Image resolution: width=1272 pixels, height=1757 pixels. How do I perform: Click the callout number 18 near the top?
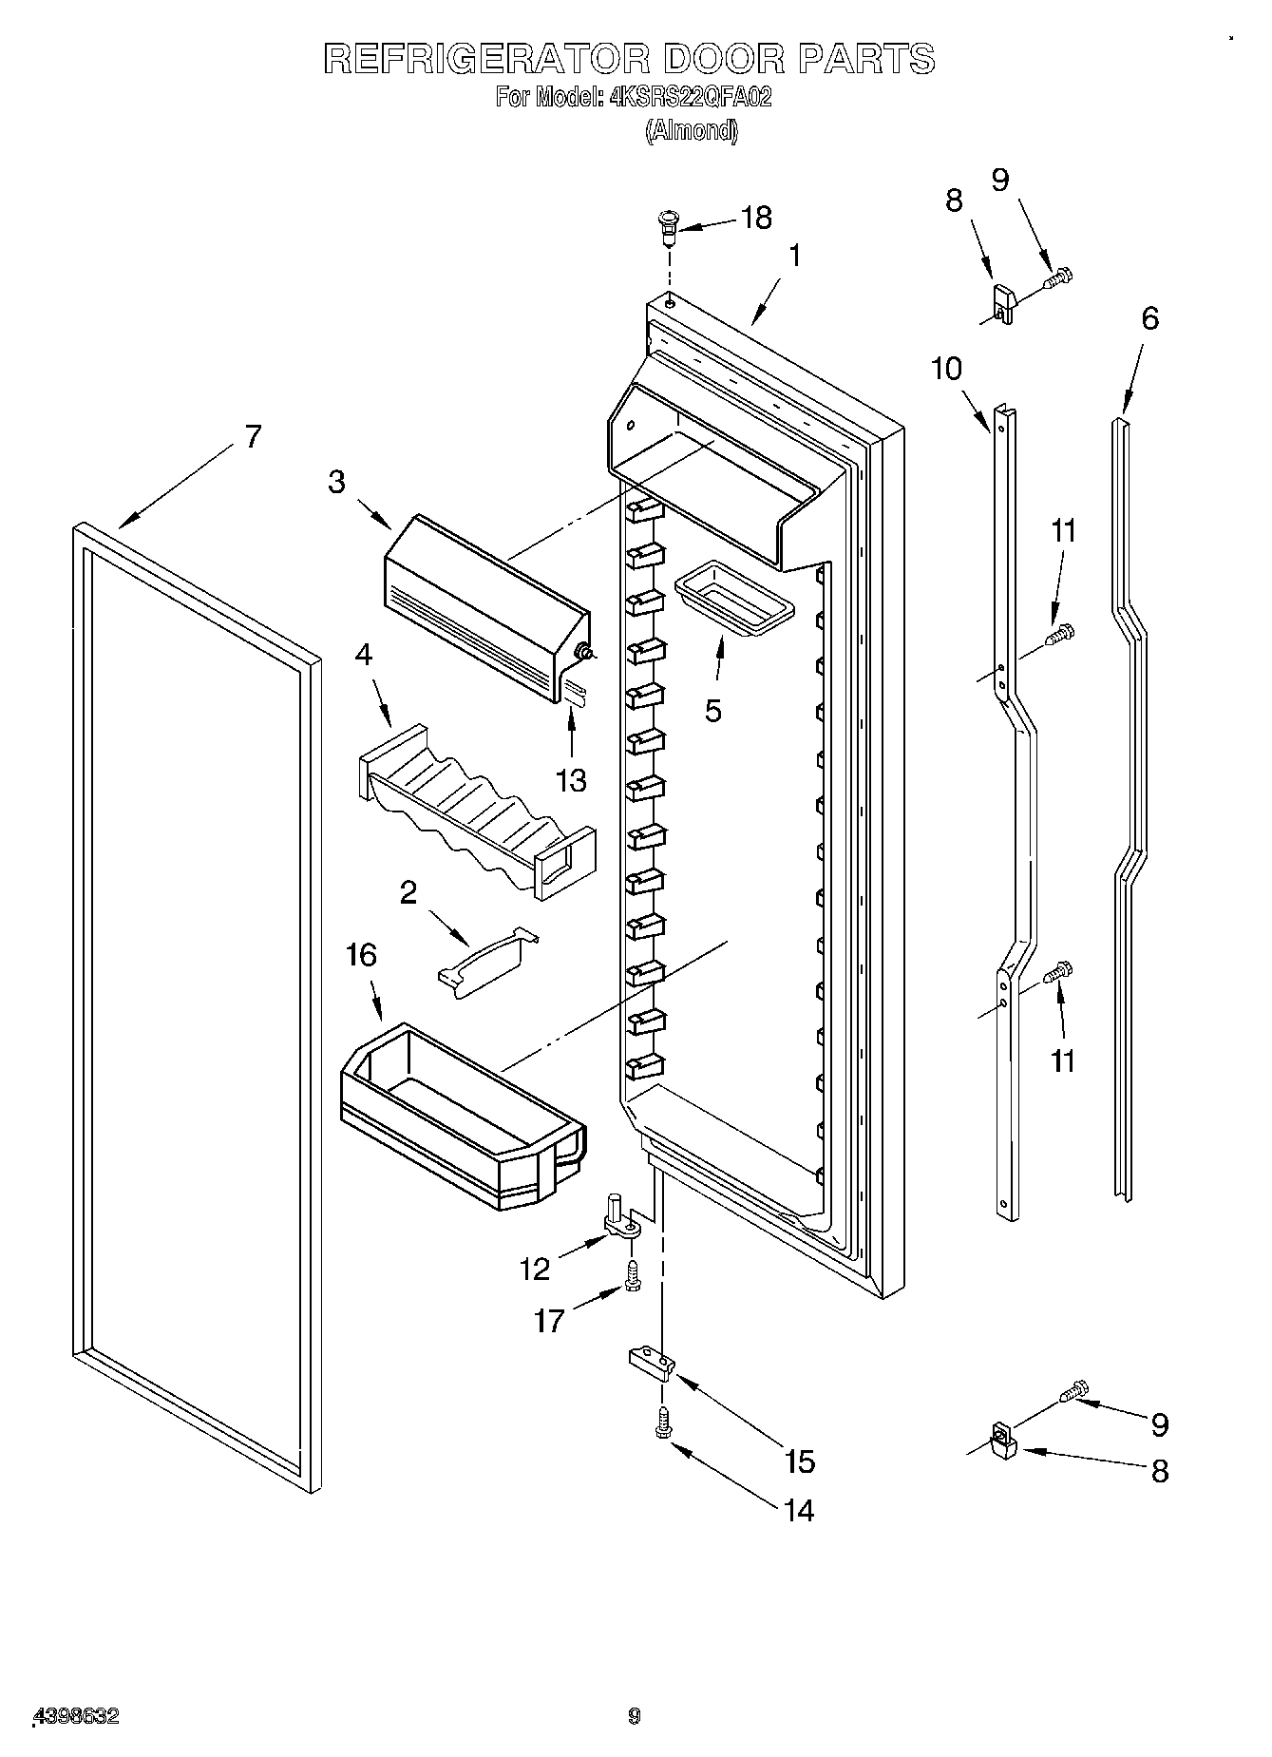pos(756,218)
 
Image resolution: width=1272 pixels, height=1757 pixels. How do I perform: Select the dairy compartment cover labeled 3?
pos(484,604)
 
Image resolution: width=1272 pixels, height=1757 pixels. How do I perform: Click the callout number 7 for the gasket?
pos(252,436)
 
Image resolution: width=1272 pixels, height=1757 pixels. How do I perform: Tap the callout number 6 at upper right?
pos(1149,318)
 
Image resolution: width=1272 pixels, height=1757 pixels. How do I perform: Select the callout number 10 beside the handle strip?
pos(946,369)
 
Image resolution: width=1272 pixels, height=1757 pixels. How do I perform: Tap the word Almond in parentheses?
pos(691,131)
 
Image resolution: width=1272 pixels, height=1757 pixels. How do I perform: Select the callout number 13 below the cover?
pos(571,780)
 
